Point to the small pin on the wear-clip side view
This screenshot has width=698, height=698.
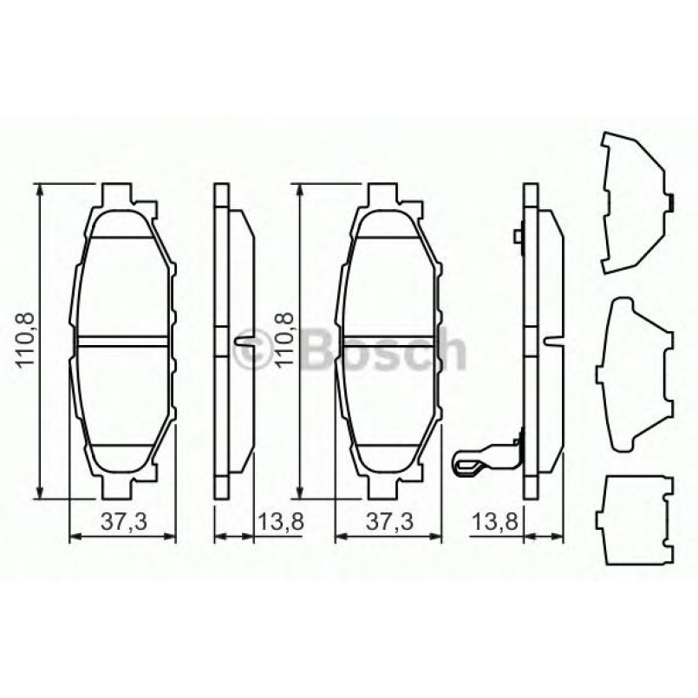tap(517, 235)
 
